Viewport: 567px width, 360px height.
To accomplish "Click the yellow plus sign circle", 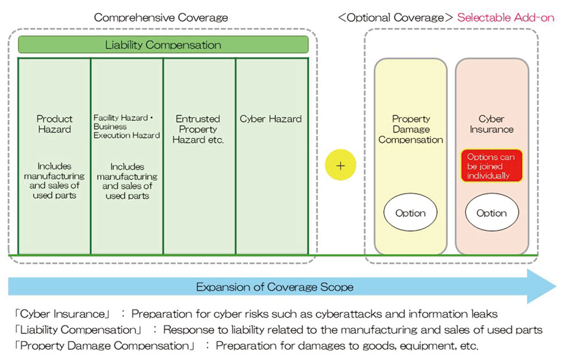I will pos(340,165).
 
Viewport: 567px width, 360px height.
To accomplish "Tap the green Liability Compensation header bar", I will pos(163,45).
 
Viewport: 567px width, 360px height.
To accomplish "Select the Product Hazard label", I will pos(54,124).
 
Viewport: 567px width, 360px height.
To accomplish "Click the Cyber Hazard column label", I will pos(271,119).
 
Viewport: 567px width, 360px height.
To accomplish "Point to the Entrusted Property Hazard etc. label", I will pos(198,129).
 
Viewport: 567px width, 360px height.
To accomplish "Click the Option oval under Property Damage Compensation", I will pos(411,213).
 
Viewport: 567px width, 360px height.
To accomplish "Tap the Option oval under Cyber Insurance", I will pos(492,213).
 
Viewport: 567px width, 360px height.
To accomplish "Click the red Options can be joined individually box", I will pos(492,166).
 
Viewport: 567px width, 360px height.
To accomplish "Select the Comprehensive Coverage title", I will pos(161,18).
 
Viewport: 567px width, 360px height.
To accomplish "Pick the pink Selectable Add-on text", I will pos(506,18).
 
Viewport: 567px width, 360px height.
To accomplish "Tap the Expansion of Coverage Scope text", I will pos(274,287).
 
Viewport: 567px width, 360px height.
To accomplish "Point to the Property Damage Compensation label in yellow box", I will pos(411,129).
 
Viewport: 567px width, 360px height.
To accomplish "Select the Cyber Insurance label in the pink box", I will pos(492,124).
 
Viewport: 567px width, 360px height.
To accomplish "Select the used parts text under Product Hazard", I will pos(54,196).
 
